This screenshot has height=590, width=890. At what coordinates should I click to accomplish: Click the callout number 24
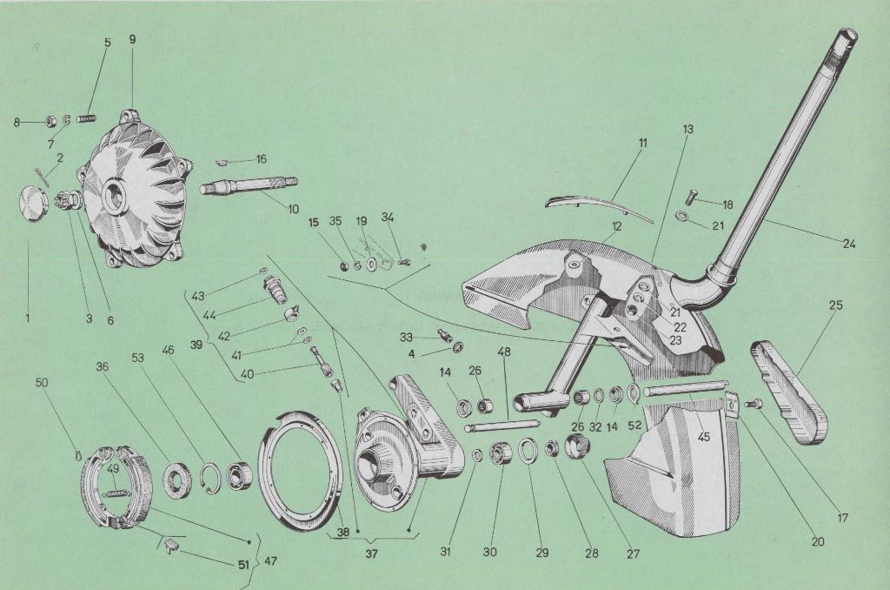pyautogui.click(x=848, y=245)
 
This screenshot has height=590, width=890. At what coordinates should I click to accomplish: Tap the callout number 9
pyautogui.click(x=132, y=40)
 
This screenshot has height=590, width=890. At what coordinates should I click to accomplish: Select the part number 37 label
pyautogui.click(x=370, y=553)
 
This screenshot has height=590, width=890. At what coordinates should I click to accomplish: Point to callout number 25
pyautogui.click(x=835, y=305)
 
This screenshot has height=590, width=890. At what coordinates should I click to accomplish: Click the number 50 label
pyautogui.click(x=42, y=383)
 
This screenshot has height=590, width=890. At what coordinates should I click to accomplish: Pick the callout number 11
pyautogui.click(x=642, y=143)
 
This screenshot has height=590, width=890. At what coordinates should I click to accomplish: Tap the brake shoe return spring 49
pyautogui.click(x=116, y=485)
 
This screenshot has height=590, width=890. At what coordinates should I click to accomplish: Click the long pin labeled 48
pyautogui.click(x=501, y=426)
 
